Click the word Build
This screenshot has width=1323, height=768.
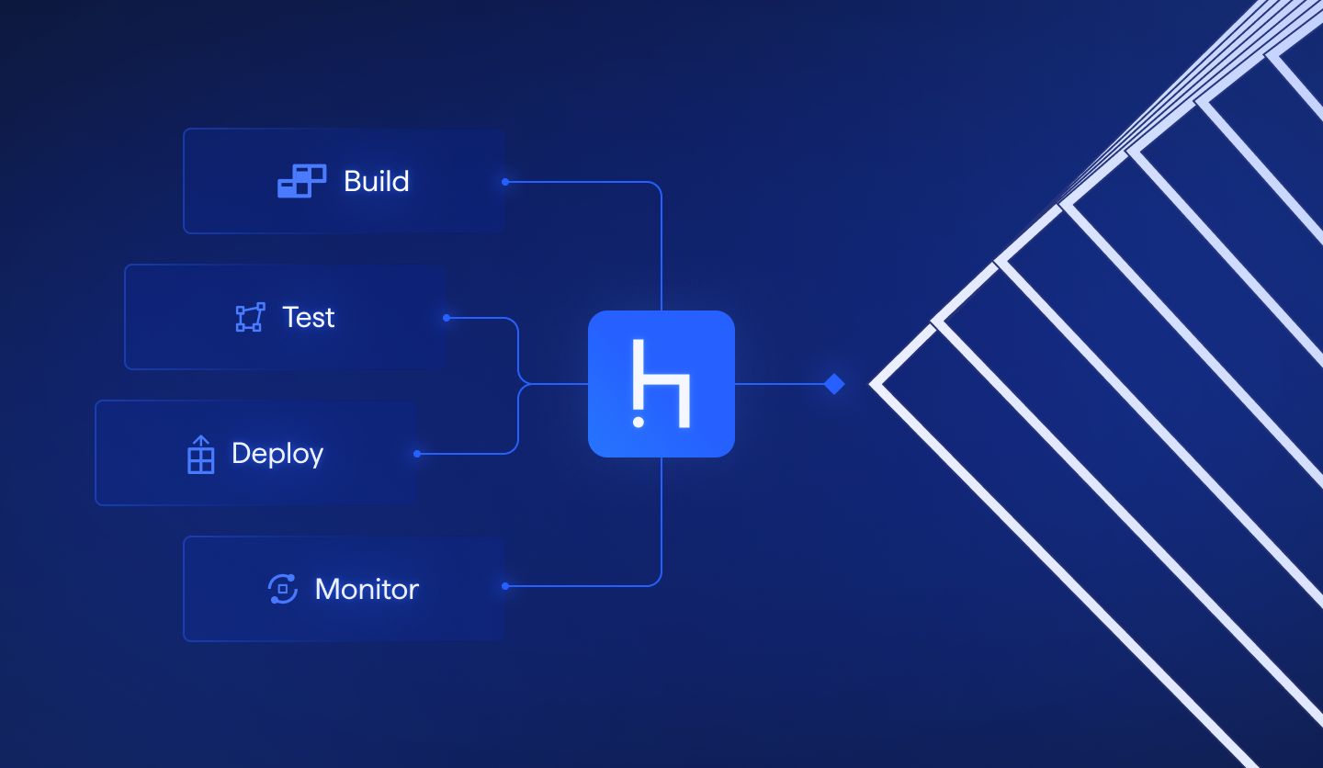[x=376, y=181]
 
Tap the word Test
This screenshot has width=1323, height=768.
[x=309, y=317]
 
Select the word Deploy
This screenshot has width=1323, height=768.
[x=277, y=453]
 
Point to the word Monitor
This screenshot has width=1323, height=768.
[x=367, y=589]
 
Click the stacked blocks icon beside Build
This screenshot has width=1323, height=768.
[x=301, y=181]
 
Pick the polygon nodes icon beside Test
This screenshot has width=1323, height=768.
[x=250, y=317]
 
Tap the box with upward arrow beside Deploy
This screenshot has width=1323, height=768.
[x=200, y=455]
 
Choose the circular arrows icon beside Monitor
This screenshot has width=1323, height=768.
[x=282, y=589]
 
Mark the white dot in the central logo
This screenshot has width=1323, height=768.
[x=639, y=422]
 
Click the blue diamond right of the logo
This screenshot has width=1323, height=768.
[x=834, y=384]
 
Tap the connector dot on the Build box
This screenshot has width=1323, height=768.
[x=505, y=182]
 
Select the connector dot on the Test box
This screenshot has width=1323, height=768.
[x=447, y=318]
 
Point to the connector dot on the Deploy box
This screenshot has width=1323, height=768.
[x=417, y=454]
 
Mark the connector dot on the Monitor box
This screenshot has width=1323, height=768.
[x=505, y=586]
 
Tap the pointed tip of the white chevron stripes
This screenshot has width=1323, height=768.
[x=873, y=384]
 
